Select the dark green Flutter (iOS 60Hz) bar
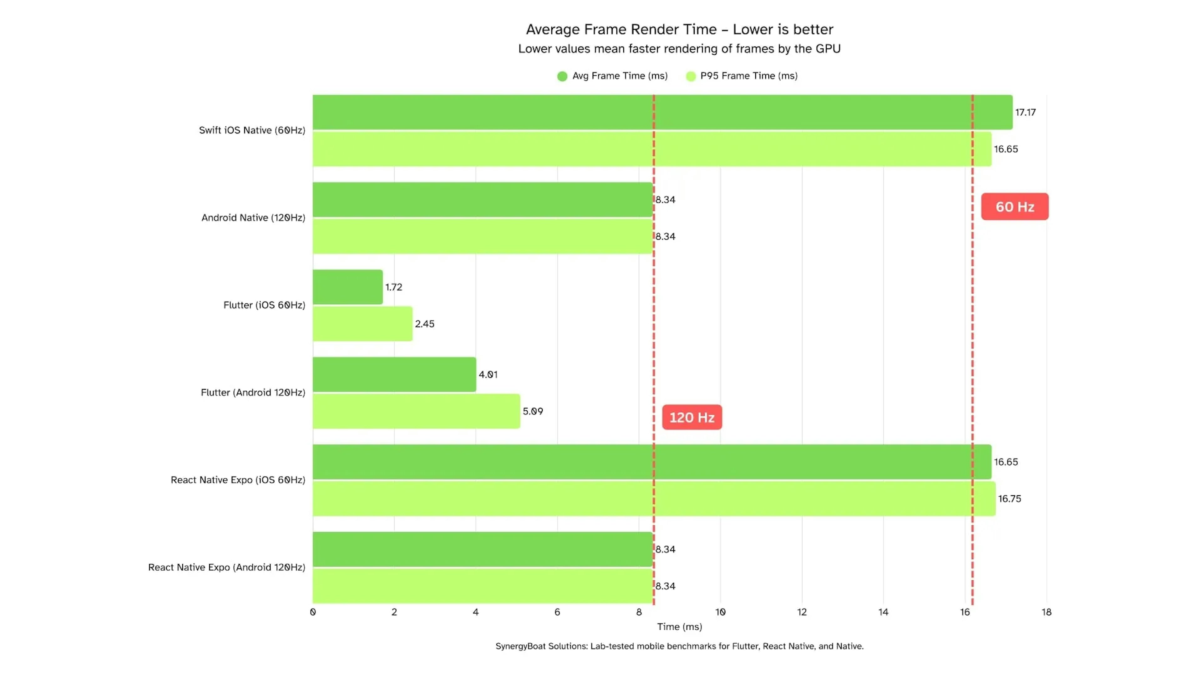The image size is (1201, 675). coord(347,287)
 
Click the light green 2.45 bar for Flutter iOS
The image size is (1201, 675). coord(362,324)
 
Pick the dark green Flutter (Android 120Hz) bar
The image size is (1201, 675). coord(394,375)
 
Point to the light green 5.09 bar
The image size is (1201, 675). coord(416,411)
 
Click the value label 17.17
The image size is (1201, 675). coord(1025,112)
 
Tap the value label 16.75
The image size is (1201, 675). coord(1009,498)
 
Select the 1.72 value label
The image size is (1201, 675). coord(393,287)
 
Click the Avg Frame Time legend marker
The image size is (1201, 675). coord(562,76)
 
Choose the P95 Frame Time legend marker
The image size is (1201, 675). coord(691,76)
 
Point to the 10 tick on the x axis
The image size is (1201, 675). coord(720,612)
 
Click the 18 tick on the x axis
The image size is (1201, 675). coord(1046,612)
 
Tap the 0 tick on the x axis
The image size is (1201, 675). coord(313,612)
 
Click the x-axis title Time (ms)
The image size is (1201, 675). coord(679,627)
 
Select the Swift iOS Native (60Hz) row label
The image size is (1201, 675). coord(252,130)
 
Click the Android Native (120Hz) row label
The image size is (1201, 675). coord(253,217)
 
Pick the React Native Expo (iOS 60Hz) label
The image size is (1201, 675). coord(238,480)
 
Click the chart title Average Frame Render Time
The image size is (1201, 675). coord(679,29)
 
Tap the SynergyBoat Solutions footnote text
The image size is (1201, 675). coord(679,646)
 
